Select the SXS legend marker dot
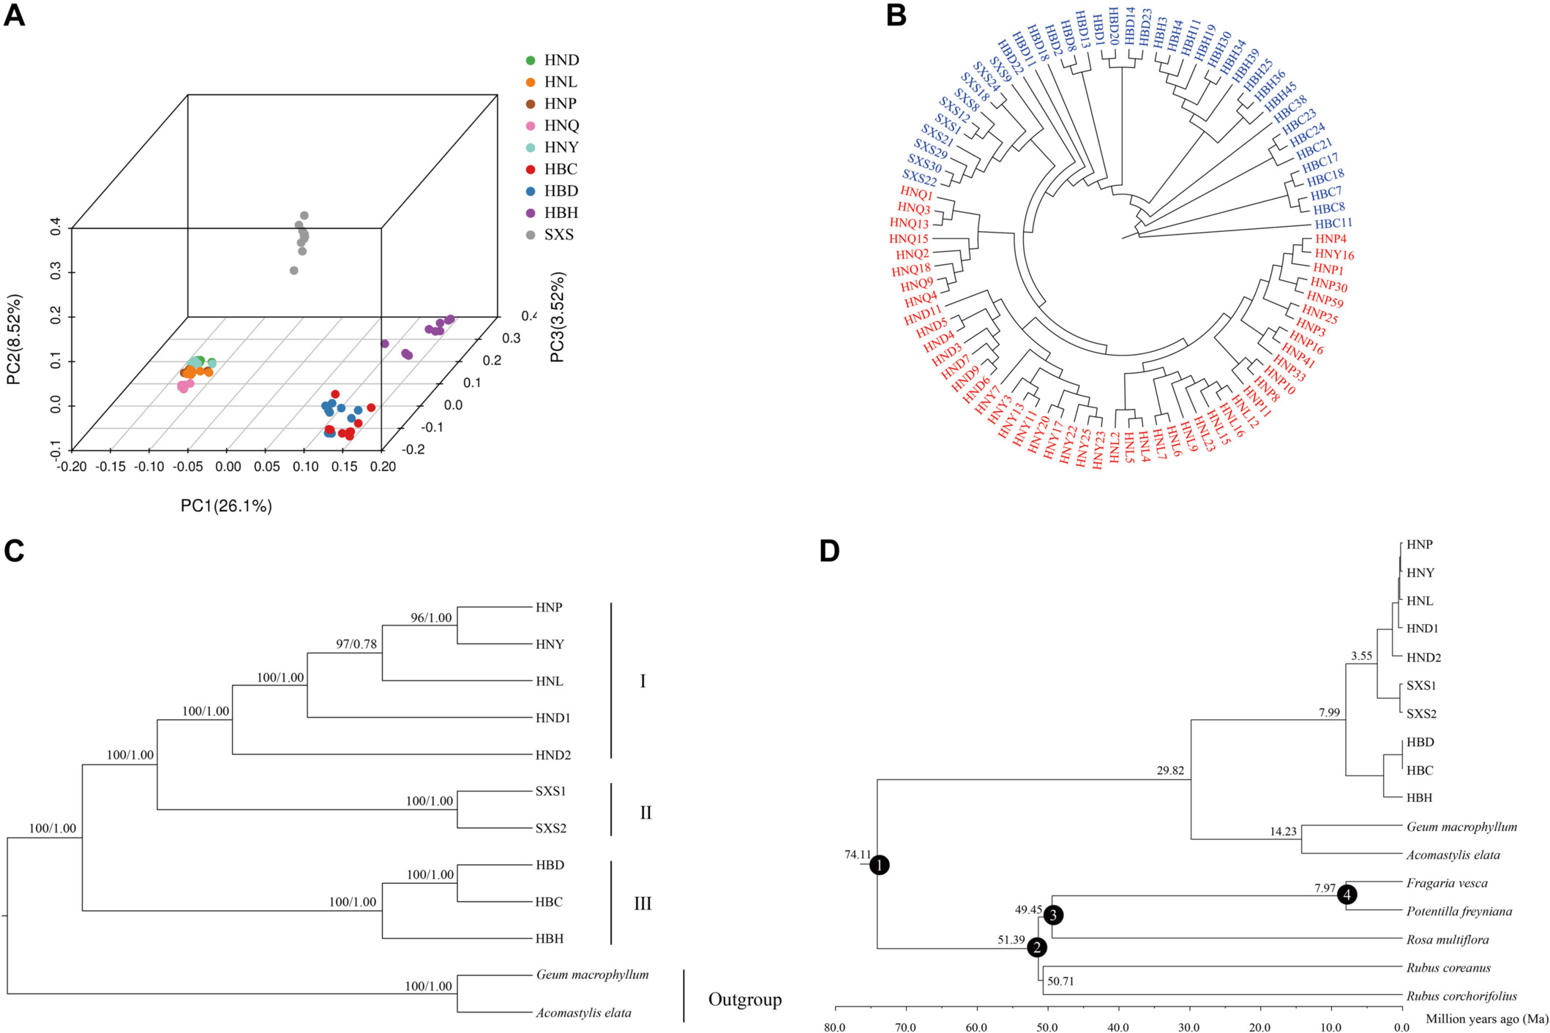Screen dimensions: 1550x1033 tap(531, 235)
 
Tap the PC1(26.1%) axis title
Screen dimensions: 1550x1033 tap(226, 506)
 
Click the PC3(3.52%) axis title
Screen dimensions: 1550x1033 tap(558, 317)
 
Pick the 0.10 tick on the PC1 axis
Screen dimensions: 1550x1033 tap(306, 467)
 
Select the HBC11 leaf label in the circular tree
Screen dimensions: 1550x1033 tap(1333, 223)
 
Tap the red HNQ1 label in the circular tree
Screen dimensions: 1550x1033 tap(916, 195)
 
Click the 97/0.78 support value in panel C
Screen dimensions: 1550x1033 tap(356, 644)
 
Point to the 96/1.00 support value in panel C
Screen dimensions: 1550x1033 tap(431, 617)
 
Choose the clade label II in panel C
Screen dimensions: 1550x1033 tap(645, 813)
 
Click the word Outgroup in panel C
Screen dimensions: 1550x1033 tap(745, 999)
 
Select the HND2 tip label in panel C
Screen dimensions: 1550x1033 tap(553, 755)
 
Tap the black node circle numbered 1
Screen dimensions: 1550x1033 tap(879, 865)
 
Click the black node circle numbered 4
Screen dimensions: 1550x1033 tap(1347, 894)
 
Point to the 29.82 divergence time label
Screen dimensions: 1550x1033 tap(1170, 770)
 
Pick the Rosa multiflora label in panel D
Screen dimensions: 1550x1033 tap(1448, 940)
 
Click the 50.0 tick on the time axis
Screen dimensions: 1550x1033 tap(1047, 1027)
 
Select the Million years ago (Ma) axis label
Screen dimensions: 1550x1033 tap(1487, 1018)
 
